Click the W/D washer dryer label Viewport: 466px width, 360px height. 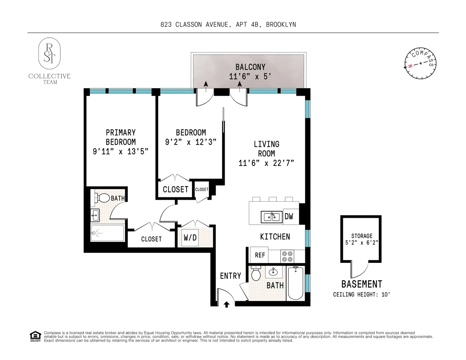click(x=190, y=238)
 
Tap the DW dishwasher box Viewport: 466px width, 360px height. click(x=291, y=217)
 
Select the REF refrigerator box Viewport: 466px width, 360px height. click(x=259, y=255)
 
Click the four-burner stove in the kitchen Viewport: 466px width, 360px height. click(x=287, y=256)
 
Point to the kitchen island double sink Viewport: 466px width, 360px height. click(x=272, y=217)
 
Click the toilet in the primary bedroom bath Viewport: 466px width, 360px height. click(x=102, y=198)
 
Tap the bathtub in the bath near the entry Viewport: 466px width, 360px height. click(x=296, y=283)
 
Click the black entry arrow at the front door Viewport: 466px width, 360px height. click(x=227, y=304)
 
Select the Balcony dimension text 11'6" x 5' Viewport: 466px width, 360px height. click(x=250, y=76)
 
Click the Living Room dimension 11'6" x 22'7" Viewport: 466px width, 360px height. click(x=266, y=163)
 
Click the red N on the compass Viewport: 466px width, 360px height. click(x=410, y=66)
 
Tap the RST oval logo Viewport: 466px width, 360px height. click(x=50, y=53)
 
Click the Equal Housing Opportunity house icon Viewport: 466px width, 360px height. click(x=35, y=337)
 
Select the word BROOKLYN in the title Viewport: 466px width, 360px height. click(x=281, y=24)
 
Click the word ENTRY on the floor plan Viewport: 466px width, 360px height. click(x=230, y=276)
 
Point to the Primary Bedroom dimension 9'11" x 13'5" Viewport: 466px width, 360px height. click(x=121, y=152)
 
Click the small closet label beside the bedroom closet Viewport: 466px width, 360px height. click(x=202, y=189)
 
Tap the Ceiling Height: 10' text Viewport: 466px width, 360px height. click(x=362, y=294)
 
